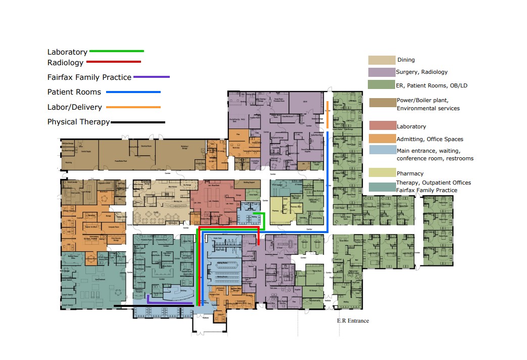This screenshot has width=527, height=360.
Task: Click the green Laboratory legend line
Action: click(x=116, y=51)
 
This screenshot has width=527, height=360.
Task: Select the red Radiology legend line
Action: click(x=114, y=62)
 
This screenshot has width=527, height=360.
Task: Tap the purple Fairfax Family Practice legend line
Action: click(x=151, y=77)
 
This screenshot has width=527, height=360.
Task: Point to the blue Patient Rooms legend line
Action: click(x=133, y=92)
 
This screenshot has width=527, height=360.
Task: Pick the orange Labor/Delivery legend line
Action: click(x=133, y=107)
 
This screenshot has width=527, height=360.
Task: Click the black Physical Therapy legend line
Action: click(x=138, y=122)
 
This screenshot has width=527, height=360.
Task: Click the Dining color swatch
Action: click(x=381, y=60)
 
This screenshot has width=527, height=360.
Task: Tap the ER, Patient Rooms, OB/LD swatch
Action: click(x=381, y=85)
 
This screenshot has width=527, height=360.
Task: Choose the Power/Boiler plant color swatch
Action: click(x=382, y=103)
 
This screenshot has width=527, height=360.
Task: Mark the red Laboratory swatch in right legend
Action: click(x=382, y=126)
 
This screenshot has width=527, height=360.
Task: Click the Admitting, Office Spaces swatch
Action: click(x=382, y=139)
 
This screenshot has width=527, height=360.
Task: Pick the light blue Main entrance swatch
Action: click(x=382, y=150)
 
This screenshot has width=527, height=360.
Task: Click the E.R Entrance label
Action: click(x=353, y=321)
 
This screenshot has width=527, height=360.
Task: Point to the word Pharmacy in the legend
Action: click(x=410, y=173)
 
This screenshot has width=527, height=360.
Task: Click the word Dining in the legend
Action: click(x=406, y=60)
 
